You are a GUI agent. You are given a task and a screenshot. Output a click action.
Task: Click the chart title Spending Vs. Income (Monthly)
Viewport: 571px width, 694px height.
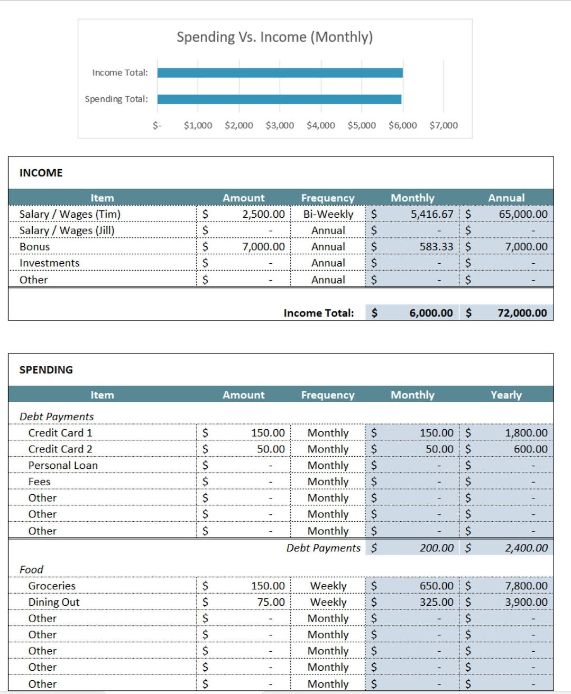274,37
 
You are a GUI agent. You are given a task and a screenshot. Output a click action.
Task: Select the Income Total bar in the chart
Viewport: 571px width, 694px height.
280,73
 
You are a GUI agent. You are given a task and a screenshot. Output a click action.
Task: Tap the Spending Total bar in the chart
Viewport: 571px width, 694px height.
279,99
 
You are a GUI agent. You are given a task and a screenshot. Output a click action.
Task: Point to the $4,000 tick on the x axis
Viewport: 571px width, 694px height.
320,125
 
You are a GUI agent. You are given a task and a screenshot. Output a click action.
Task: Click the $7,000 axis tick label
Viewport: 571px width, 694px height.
443,125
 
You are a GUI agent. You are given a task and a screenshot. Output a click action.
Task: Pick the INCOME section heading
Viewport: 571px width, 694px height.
41,173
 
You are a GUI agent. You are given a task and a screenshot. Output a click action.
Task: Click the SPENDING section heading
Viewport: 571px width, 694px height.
46,370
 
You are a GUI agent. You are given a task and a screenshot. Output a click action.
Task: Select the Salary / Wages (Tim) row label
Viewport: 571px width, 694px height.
70,214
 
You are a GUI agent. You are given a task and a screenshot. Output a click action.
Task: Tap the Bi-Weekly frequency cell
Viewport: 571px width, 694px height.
328,214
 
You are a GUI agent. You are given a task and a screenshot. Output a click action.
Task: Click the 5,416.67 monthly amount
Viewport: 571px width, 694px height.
431,214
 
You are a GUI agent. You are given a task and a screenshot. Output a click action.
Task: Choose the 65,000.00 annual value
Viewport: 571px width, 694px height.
523,214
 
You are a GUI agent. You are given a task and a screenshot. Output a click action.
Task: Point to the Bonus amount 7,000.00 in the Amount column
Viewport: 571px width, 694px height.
263,247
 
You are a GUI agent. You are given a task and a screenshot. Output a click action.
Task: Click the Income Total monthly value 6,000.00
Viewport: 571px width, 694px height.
430,313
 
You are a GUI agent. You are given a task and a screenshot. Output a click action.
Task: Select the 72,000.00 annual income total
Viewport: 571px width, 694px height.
522,313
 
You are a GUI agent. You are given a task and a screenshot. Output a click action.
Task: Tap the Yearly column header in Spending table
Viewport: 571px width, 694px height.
506,395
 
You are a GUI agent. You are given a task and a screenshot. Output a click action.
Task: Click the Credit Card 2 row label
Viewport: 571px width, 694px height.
60,449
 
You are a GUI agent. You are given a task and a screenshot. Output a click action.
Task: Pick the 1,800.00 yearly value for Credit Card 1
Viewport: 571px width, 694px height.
526,433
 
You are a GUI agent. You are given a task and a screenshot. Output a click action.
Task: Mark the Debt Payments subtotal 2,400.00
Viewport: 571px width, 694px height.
526,548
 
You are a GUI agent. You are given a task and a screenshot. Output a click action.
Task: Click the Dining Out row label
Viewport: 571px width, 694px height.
54,602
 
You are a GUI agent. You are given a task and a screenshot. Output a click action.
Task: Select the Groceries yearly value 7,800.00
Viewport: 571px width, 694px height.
526,586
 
